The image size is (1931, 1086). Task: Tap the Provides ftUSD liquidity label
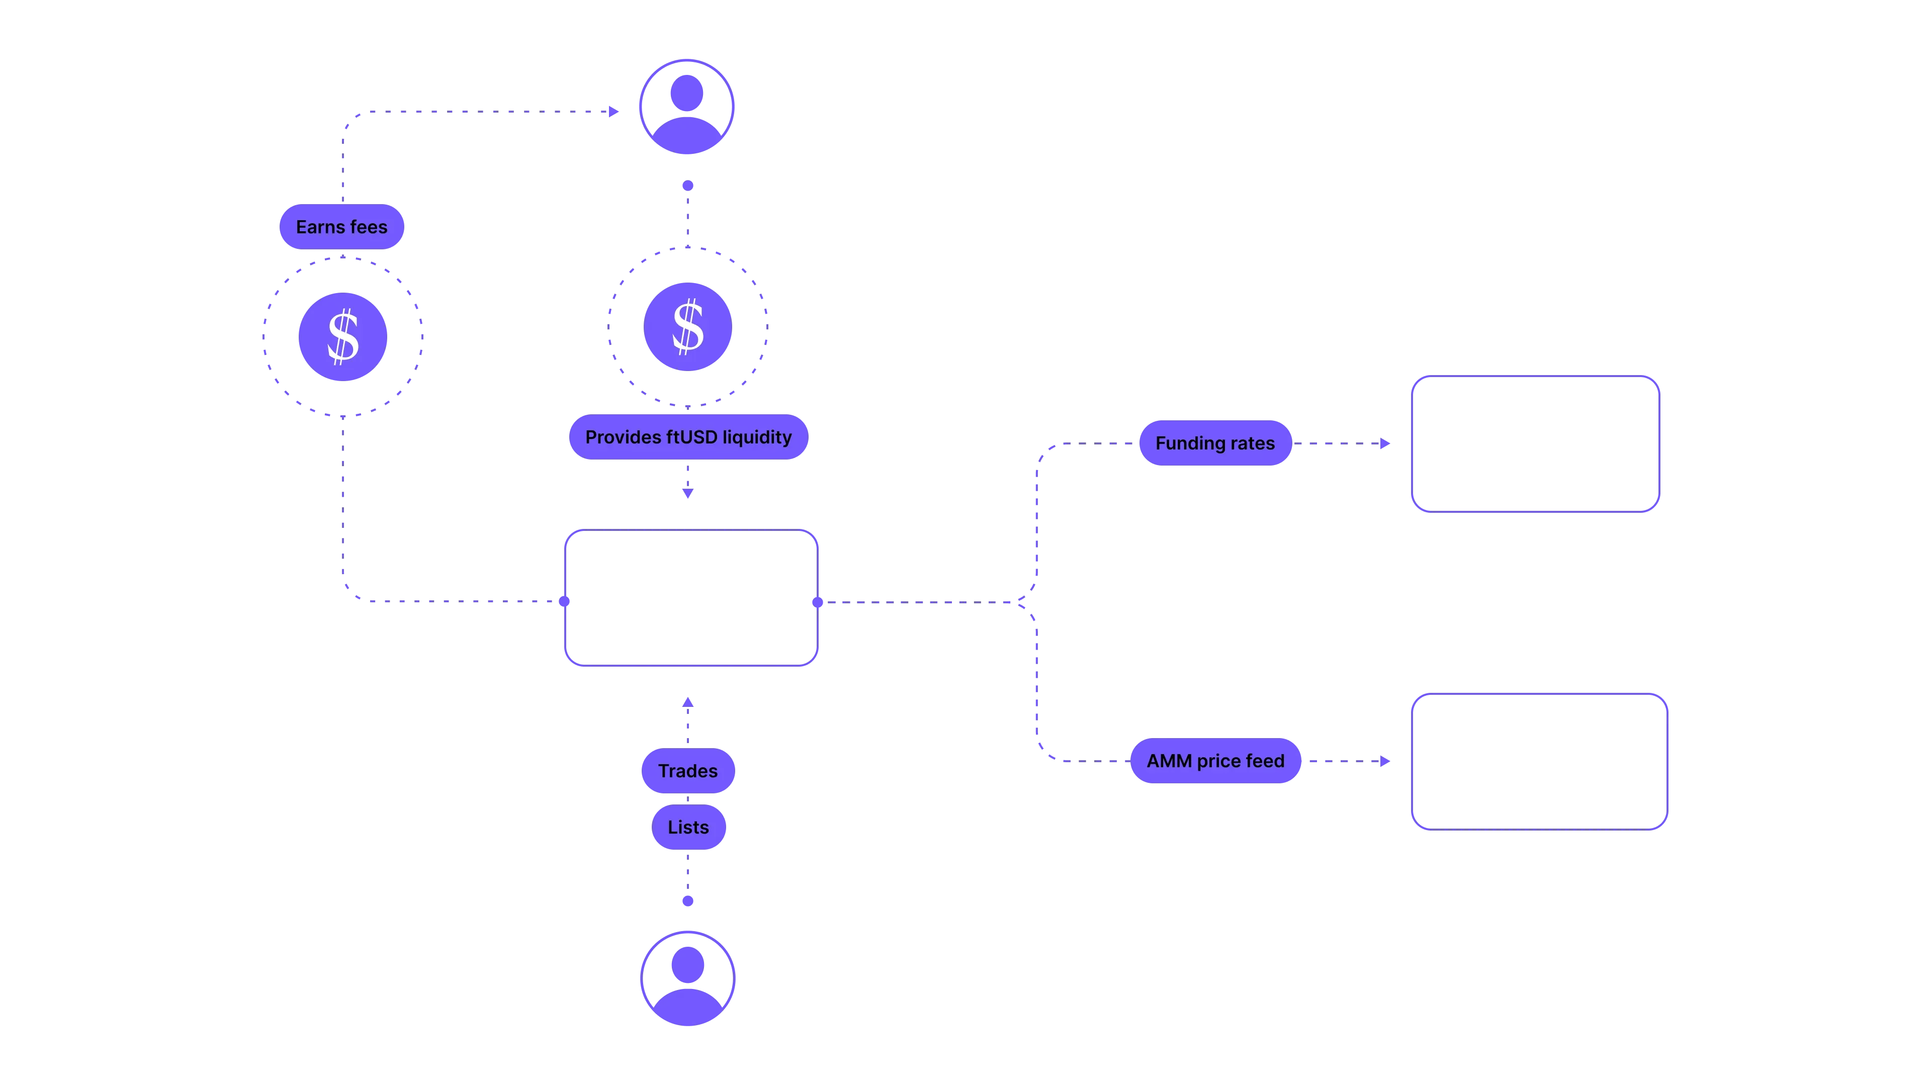(x=687, y=437)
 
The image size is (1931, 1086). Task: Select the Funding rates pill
(x=1214, y=443)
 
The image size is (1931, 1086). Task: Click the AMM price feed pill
(x=1215, y=761)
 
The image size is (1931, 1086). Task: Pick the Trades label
(x=687, y=770)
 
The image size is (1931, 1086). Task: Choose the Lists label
(x=688, y=827)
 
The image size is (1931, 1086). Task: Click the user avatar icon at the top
(x=686, y=107)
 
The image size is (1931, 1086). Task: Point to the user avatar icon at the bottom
(x=687, y=978)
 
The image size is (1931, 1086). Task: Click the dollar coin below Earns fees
(x=343, y=336)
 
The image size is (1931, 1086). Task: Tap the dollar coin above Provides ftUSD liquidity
(x=687, y=327)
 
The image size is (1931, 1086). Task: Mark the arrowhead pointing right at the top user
(x=614, y=112)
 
